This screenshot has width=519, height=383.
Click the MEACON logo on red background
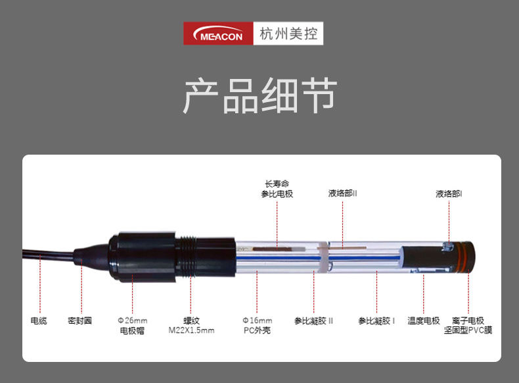[x=219, y=34]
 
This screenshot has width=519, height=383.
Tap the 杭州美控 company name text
[x=288, y=34]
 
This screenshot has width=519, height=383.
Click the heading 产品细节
[x=260, y=95]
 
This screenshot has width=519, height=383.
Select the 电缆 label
[x=39, y=320]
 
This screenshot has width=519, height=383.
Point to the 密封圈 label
[x=79, y=320]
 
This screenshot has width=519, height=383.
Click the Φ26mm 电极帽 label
[x=133, y=325]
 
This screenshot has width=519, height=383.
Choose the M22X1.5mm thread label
[x=191, y=325]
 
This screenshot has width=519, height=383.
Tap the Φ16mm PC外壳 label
[x=257, y=325]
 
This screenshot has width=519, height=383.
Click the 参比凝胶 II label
[x=313, y=320]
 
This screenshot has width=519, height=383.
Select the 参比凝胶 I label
[x=376, y=320]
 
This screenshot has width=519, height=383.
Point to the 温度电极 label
[x=424, y=320]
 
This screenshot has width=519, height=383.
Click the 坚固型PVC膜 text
[x=468, y=330]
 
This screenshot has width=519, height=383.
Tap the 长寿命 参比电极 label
[x=277, y=189]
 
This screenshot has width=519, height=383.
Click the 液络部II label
[x=342, y=193]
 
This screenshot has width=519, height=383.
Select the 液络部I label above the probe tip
[x=449, y=193]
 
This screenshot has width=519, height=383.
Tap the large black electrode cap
[x=143, y=257]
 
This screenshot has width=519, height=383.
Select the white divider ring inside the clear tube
[x=325, y=257]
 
